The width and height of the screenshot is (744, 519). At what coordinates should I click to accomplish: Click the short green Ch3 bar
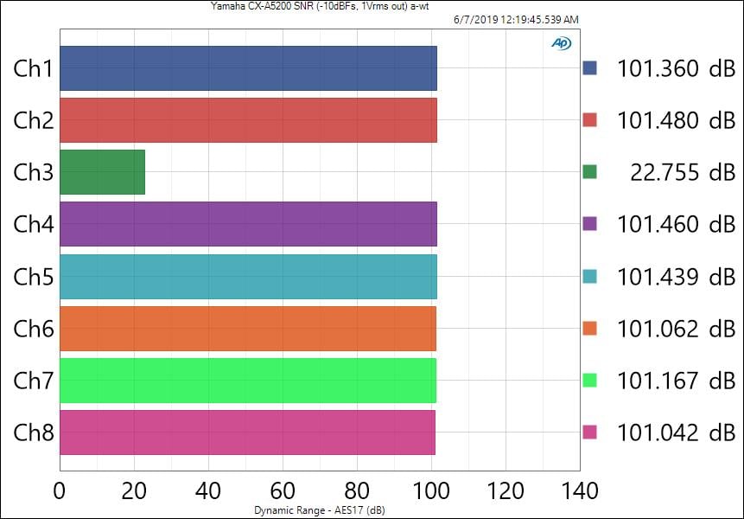(102, 172)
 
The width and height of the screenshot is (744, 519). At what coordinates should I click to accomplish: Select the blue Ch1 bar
(248, 68)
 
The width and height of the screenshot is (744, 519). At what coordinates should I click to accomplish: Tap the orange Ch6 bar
(248, 329)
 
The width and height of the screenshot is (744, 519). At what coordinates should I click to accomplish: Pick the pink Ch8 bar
(247, 432)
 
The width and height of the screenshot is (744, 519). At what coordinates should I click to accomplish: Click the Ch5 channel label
(34, 277)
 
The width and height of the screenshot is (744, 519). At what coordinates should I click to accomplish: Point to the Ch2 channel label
(34, 120)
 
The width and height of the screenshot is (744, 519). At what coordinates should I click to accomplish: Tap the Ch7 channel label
(34, 381)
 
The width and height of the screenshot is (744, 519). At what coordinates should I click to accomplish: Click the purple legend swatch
(590, 225)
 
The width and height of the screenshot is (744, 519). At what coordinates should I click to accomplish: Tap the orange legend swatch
(590, 329)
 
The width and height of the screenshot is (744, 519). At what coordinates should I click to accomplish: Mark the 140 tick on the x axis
(579, 491)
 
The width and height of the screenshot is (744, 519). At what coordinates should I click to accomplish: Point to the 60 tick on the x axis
(282, 491)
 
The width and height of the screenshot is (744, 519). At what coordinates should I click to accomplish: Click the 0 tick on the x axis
(60, 491)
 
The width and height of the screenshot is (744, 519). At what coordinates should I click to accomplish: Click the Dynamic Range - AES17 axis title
(318, 509)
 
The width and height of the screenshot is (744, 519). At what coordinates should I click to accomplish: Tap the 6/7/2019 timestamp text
(515, 19)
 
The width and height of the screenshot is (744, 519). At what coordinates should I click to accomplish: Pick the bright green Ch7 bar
(248, 381)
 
